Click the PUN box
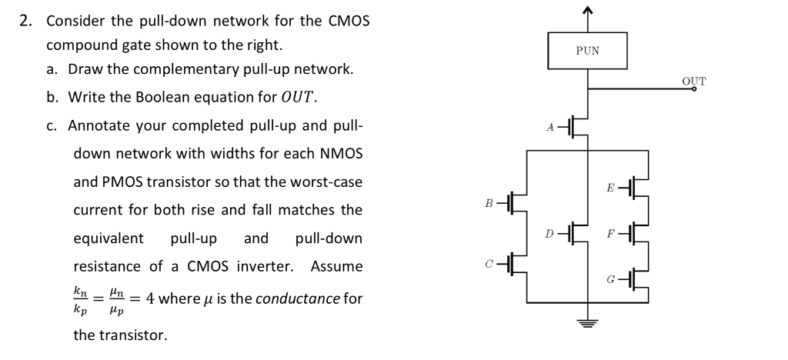(x=587, y=51)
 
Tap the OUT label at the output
(x=693, y=81)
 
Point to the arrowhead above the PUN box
(x=588, y=10)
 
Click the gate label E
(x=610, y=186)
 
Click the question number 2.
(x=25, y=21)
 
